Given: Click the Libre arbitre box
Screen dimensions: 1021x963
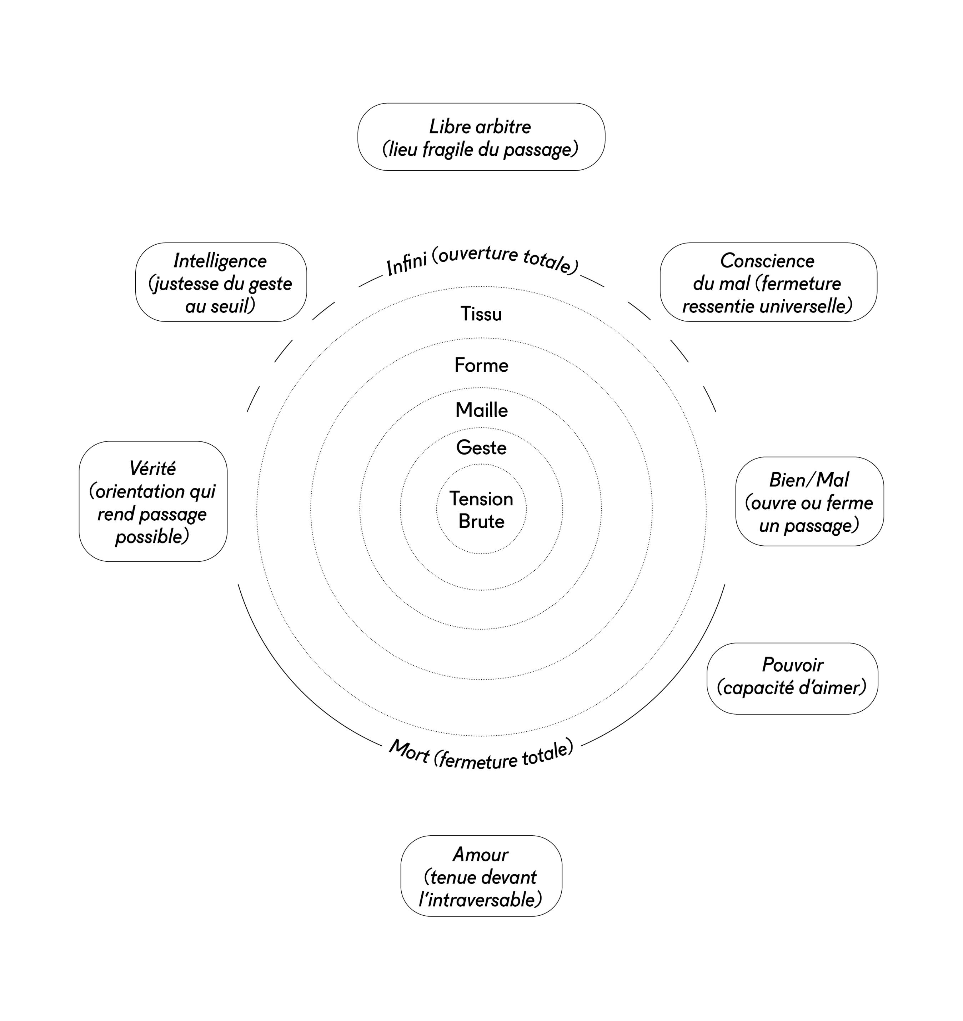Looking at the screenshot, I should (481, 137).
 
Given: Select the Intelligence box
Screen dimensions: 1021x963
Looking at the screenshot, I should (221, 282).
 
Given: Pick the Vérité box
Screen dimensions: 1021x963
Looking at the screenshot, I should (153, 501).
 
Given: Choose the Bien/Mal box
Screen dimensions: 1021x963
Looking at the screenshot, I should (809, 501).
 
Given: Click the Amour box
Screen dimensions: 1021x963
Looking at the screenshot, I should (481, 876).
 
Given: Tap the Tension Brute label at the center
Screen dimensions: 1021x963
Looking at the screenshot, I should (481, 510).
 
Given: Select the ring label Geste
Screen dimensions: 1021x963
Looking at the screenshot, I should (481, 448).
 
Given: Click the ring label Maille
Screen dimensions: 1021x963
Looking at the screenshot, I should (481, 410).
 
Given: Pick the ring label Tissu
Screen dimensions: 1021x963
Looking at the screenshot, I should (481, 314).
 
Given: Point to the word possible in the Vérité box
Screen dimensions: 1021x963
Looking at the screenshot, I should (151, 537).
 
